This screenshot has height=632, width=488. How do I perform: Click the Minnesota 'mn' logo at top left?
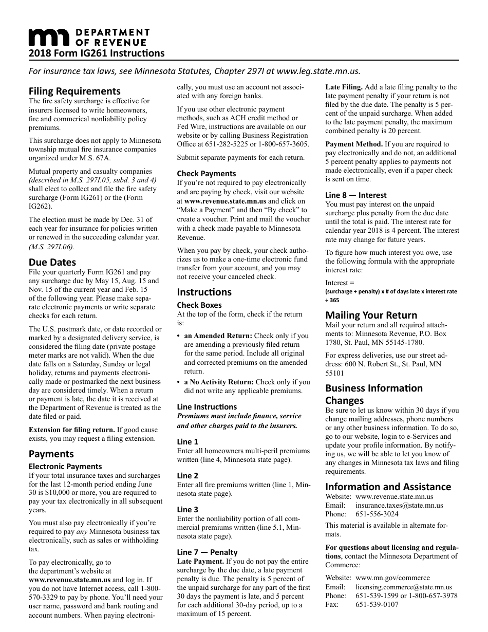point(48,37)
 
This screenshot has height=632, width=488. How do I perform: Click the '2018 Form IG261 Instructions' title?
point(97,53)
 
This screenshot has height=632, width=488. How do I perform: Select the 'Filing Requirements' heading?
point(74,91)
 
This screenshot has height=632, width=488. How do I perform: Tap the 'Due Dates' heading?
point(52,262)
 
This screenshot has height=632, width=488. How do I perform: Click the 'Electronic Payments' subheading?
point(65,467)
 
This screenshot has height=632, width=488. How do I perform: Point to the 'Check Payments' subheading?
point(207,174)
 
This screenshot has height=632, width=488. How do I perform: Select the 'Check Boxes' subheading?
point(199,305)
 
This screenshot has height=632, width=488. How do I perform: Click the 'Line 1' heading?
point(187,442)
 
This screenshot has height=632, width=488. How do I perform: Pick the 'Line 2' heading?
point(187,476)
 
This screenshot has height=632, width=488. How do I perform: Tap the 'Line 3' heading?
point(187,510)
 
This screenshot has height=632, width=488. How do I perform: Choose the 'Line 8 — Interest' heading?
point(356,195)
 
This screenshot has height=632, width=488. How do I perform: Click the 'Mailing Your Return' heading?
point(371,315)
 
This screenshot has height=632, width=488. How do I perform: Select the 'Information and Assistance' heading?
point(388,487)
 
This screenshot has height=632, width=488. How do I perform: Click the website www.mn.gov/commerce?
point(392,578)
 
